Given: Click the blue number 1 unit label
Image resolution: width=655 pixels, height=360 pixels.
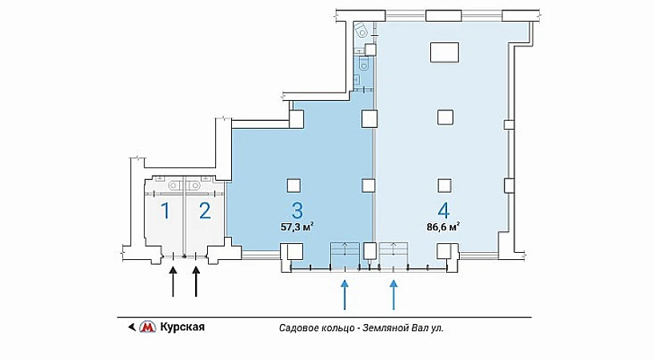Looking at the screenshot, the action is tap(166, 211).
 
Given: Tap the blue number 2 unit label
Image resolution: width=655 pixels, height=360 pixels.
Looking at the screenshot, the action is tap(205, 211).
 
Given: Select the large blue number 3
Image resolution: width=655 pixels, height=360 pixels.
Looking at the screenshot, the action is tap(297, 211).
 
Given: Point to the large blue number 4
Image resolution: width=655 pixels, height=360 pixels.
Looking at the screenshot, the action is tap(443, 211).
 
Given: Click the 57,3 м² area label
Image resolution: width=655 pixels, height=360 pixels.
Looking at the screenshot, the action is tap(297, 227).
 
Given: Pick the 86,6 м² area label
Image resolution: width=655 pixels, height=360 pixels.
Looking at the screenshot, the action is tap(443, 227).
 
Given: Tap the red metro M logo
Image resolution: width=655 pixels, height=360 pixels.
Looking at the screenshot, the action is tap(147, 326).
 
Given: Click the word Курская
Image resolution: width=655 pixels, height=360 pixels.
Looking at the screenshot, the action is tap(182, 326).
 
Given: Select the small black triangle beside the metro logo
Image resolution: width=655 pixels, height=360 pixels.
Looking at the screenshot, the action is tap(132, 327).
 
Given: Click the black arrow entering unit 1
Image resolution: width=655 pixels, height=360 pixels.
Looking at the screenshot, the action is tap(173, 282).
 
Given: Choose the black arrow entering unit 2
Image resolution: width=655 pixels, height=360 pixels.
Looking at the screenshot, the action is tap(196, 282).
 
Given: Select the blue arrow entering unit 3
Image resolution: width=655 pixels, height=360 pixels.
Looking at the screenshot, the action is tap(345, 295).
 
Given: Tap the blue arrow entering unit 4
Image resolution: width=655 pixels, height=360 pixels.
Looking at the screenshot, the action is tap(393, 295).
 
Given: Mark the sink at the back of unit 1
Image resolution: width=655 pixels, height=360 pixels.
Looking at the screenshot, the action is tap(174, 185).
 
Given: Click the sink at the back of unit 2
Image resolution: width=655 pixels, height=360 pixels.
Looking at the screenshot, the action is tap(194, 185).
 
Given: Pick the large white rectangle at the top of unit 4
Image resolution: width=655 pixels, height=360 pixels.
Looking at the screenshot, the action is tap(445, 52).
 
